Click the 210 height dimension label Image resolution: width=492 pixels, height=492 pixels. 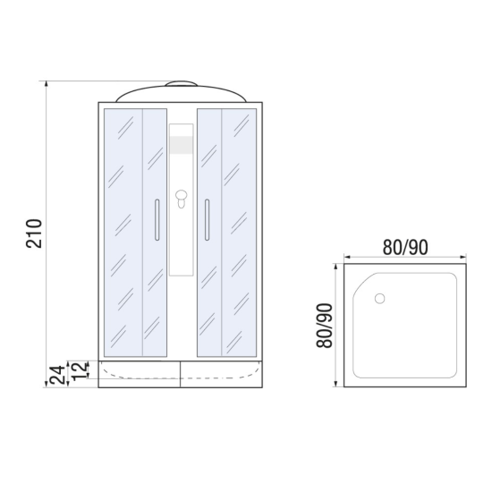(x=34, y=233)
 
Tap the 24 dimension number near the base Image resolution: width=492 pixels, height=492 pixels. (x=57, y=375)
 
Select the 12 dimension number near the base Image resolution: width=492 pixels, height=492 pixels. (x=79, y=370)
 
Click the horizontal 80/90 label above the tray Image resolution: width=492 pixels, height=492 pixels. (x=405, y=247)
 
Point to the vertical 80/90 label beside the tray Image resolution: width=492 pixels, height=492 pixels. (x=324, y=326)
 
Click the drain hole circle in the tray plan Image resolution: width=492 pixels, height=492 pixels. (x=379, y=299)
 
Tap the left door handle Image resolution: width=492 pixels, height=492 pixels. (x=157, y=220)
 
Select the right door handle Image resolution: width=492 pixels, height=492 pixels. (x=208, y=220)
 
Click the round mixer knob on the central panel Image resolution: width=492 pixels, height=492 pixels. (x=181, y=195)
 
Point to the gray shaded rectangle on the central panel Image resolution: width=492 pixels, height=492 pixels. (x=181, y=145)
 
